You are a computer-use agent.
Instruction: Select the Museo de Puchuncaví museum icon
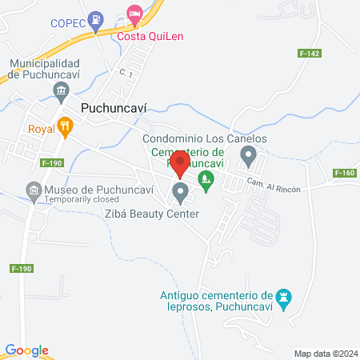pos(33,190)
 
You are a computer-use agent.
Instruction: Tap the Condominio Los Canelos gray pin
pos(249,155)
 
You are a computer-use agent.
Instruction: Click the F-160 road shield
pos(345,173)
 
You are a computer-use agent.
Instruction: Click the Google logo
pos(27,350)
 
